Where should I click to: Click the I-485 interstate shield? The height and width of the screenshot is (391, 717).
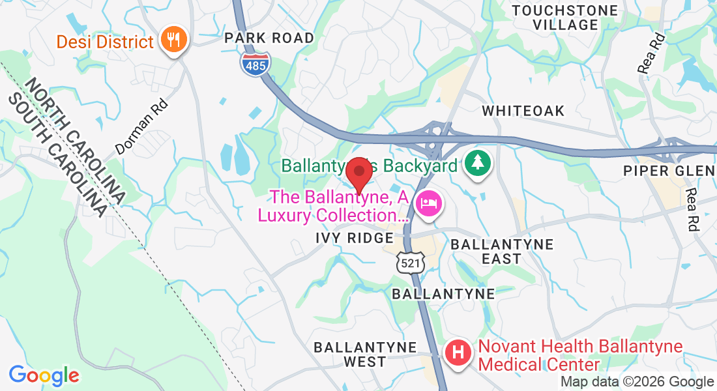pyautogui.click(x=255, y=64)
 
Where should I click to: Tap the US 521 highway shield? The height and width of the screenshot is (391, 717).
pyautogui.click(x=410, y=261)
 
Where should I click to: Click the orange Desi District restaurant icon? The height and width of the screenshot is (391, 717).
pyautogui.click(x=173, y=40)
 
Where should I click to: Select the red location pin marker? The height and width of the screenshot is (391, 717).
pyautogui.click(x=358, y=175)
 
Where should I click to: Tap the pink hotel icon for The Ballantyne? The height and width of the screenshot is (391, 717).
pyautogui.click(x=428, y=204)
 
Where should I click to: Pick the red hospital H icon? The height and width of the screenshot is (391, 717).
pyautogui.click(x=458, y=353)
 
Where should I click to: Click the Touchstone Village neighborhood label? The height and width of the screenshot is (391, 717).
pyautogui.click(x=564, y=18)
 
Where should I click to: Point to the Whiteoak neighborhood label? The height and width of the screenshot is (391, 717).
pyautogui.click(x=523, y=111)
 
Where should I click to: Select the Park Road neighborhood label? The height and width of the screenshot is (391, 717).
pyautogui.click(x=269, y=38)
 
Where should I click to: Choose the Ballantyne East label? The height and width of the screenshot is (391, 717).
pyautogui.click(x=502, y=252)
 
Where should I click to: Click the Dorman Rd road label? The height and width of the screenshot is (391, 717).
pyautogui.click(x=141, y=126)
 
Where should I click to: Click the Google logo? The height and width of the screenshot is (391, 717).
pyautogui.click(x=44, y=375)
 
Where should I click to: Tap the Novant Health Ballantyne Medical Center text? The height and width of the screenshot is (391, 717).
pyautogui.click(x=580, y=355)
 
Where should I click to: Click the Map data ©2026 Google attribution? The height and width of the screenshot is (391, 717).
pyautogui.click(x=637, y=382)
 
